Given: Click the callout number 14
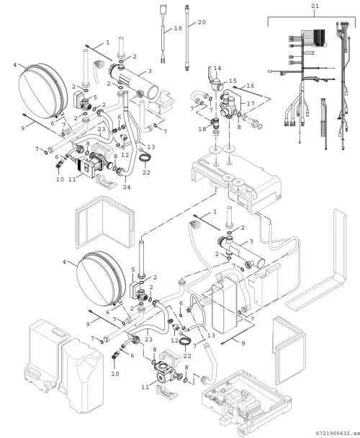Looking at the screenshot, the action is [217, 68].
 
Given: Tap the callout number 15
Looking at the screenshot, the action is [233, 81].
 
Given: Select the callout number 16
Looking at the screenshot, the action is [251, 86].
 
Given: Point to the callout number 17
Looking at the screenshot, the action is [251, 104].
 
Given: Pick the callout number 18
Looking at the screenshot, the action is [202, 130].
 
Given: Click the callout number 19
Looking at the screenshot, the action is [178, 28].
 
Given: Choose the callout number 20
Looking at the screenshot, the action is [202, 22].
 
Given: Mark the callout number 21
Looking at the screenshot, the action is [315, 6].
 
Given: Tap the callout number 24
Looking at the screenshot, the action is [127, 187].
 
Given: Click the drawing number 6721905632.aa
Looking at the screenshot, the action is [338, 433].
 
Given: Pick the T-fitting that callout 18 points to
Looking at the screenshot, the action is [215, 122].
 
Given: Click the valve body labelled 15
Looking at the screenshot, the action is [216, 84].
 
